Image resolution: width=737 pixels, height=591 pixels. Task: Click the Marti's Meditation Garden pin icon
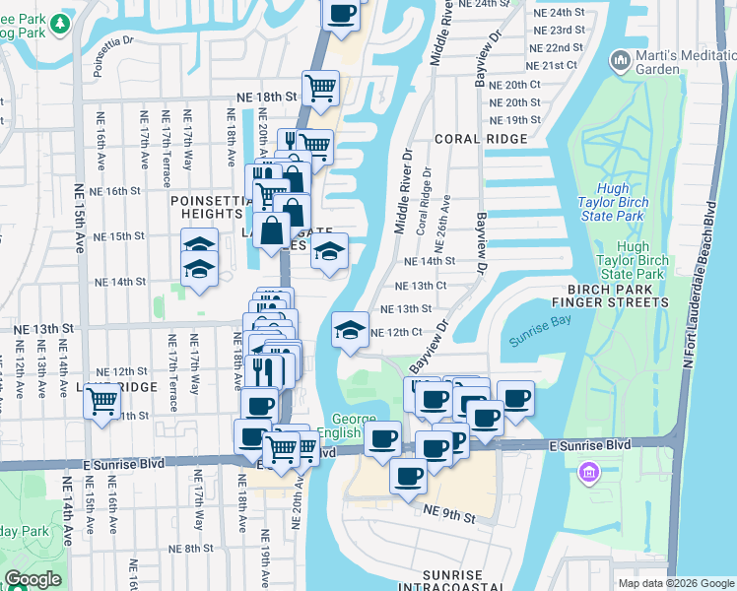621,61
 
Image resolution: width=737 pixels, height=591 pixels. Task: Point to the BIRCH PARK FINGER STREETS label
603,295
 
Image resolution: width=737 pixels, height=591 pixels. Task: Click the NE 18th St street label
266,98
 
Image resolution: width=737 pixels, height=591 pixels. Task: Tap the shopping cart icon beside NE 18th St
321,89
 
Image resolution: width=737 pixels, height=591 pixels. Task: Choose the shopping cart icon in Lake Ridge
102,402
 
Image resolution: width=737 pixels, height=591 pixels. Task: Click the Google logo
33,578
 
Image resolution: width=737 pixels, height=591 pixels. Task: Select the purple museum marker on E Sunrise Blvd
589,475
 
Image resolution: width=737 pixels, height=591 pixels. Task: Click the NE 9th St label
449,515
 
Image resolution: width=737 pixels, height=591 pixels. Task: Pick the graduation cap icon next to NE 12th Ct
349,330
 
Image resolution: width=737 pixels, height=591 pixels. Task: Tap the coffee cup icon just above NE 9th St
408,476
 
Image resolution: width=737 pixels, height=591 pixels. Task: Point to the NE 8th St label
191,548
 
